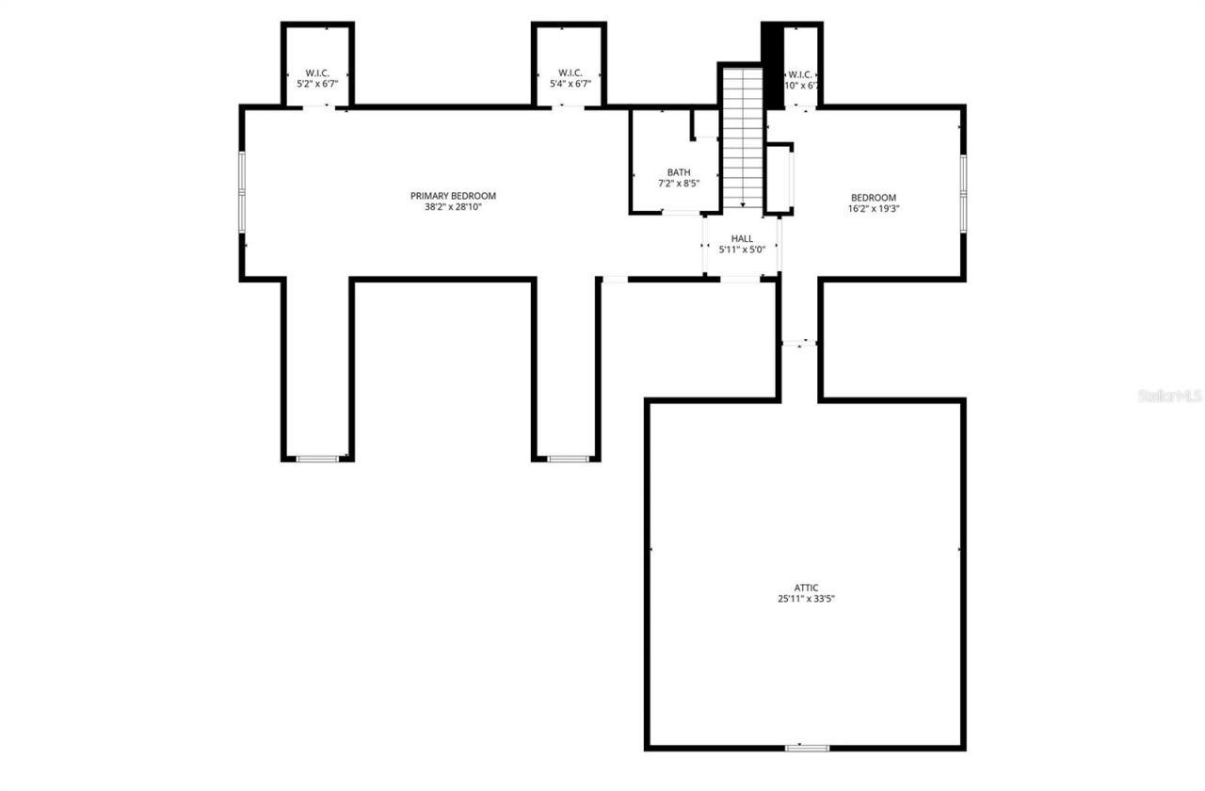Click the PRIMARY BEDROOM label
[452, 196]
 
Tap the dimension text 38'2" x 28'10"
[452, 208]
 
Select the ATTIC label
[806, 588]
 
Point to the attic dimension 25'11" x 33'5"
[806, 599]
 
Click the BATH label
[678, 172]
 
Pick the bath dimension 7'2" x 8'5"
[678, 184]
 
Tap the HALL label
[742, 239]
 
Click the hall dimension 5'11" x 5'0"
[742, 250]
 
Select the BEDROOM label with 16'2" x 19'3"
[867, 198]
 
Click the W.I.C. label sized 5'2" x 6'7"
[317, 73]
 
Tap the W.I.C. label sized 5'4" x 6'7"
[569, 73]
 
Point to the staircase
[743, 137]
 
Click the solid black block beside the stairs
[772, 64]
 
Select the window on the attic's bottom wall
[807, 748]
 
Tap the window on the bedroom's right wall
[963, 191]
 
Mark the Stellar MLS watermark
[1170, 396]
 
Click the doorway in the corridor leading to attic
[799, 343]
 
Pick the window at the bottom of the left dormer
[317, 459]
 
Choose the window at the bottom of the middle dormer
[568, 459]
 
